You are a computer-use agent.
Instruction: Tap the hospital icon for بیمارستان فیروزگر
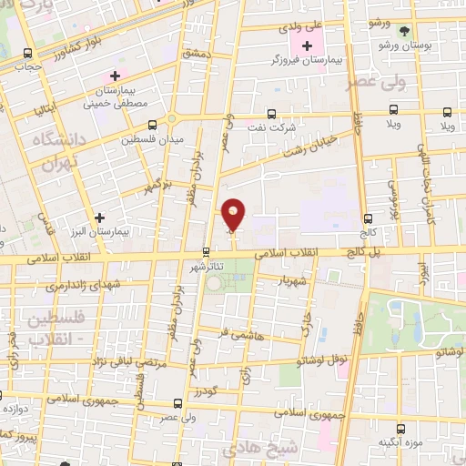coord(308,46)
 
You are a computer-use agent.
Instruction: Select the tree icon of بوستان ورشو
coord(404,30)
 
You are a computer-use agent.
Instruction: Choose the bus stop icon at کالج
coord(369,218)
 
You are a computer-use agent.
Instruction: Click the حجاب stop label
coord(33,66)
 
